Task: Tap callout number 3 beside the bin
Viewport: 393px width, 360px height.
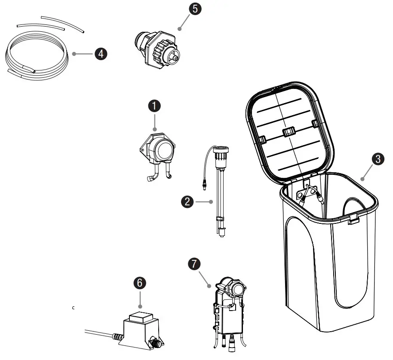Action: pyautogui.click(x=377, y=159)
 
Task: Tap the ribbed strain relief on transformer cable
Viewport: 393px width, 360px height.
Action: pyautogui.click(x=117, y=336)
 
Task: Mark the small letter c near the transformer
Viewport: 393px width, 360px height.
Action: pyautogui.click(x=74, y=308)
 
